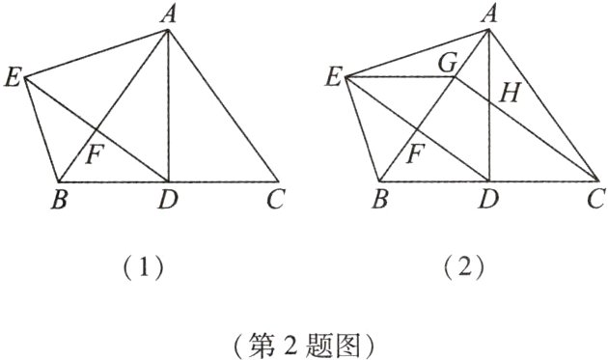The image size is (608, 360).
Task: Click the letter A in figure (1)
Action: [x=169, y=14]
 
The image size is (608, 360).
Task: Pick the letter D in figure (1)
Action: [x=168, y=202]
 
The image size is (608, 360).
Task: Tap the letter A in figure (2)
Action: [x=488, y=14]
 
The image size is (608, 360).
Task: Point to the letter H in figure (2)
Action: [x=511, y=94]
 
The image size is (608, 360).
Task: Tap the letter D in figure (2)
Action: [x=488, y=202]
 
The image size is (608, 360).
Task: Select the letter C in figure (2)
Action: [x=598, y=201]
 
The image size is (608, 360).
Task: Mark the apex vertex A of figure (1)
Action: [x=169, y=30]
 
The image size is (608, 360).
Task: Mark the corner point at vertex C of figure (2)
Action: [x=597, y=181]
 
